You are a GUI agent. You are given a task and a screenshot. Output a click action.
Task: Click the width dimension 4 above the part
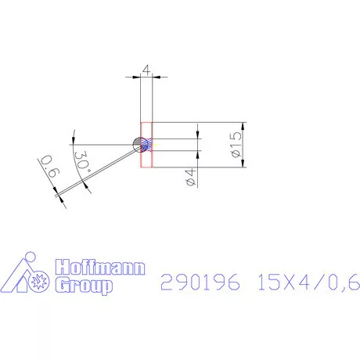(146, 70)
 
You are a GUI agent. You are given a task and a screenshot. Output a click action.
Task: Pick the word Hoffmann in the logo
(101, 270)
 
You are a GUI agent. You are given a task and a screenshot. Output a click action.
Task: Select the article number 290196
(200, 282)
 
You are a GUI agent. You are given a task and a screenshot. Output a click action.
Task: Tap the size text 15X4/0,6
(308, 282)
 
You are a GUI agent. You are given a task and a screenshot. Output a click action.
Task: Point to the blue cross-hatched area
(146, 145)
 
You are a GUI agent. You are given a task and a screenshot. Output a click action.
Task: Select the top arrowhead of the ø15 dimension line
(246, 128)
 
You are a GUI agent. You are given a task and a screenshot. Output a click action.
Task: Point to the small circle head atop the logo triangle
(29, 257)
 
